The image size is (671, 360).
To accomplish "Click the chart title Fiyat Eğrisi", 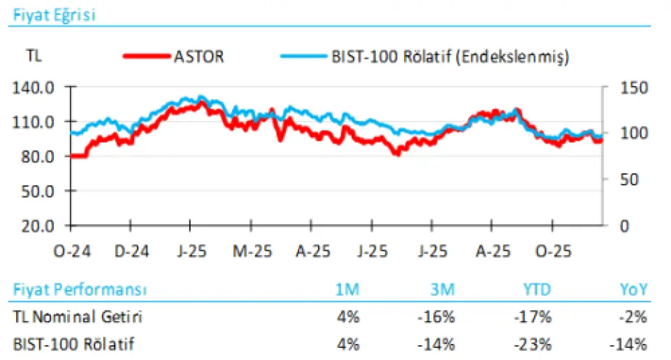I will click(52, 15).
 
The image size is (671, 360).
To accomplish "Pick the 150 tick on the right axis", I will click(628, 88).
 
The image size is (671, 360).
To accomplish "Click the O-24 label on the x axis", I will click(71, 250).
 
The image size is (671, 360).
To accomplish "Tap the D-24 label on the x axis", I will click(131, 250).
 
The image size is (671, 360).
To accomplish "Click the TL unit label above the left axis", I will click(34, 57).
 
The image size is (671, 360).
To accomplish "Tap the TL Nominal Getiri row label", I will click(78, 317).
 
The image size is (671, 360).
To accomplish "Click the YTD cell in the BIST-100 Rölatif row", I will click(535, 344).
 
